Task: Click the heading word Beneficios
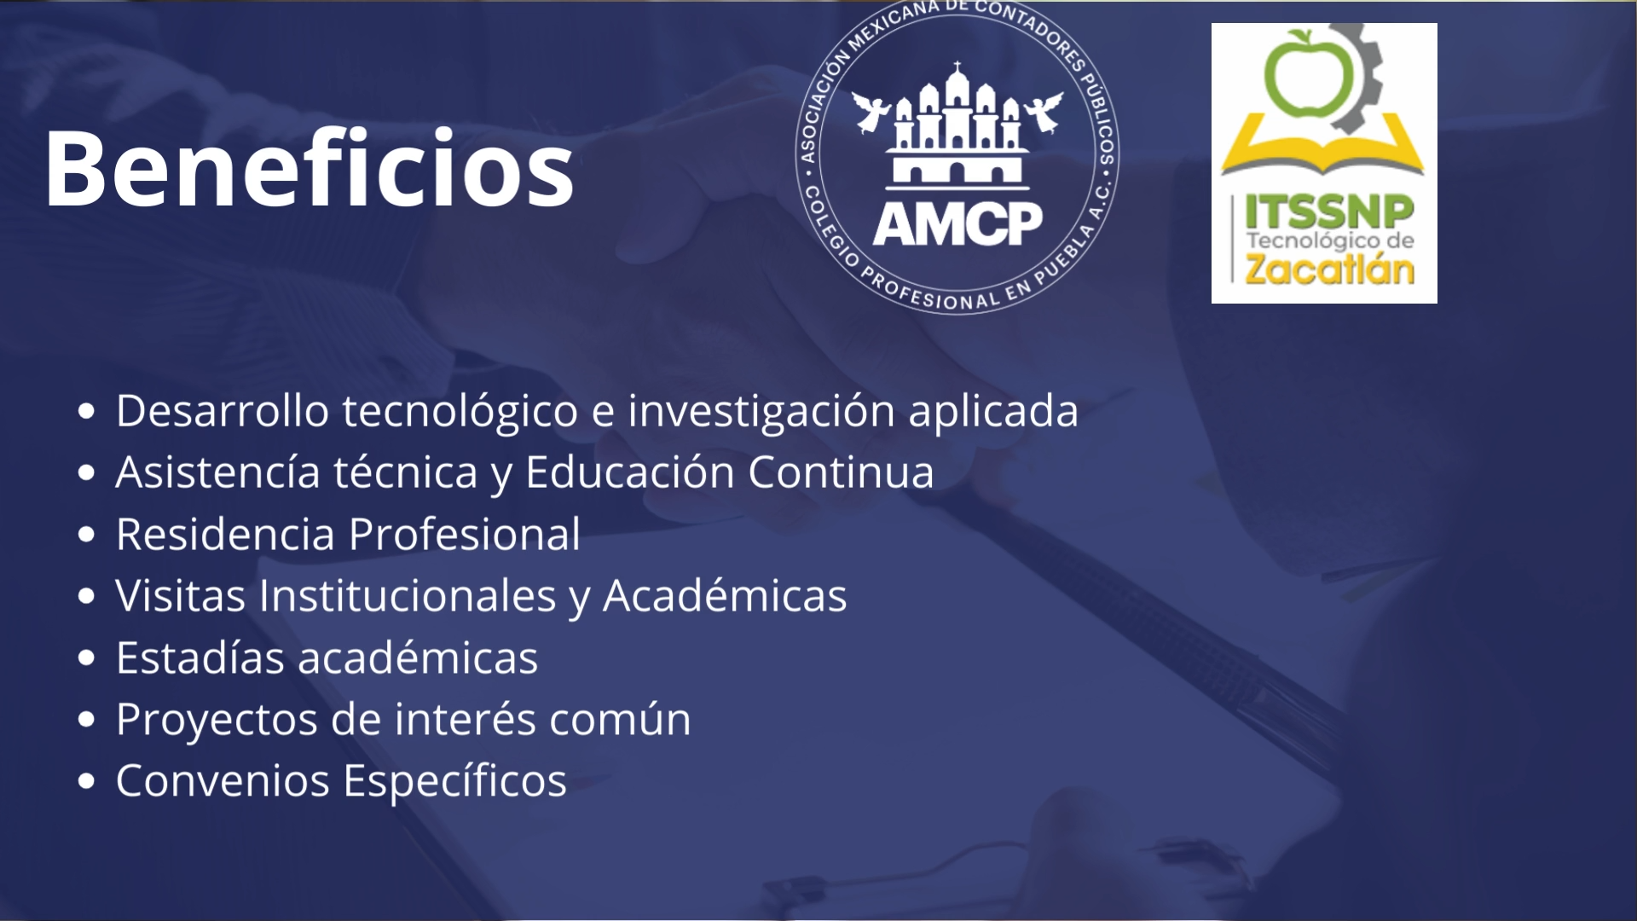tap(309, 168)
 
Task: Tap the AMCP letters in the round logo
tap(957, 223)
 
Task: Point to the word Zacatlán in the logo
tap(1329, 268)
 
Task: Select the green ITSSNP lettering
tap(1329, 211)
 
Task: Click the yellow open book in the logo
tap(1323, 147)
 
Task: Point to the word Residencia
tap(225, 534)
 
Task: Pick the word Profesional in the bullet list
tap(465, 534)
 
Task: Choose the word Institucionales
tap(408, 595)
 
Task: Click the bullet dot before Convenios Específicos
tap(86, 782)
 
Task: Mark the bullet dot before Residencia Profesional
tap(86, 535)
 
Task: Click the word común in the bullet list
tap(620, 719)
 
